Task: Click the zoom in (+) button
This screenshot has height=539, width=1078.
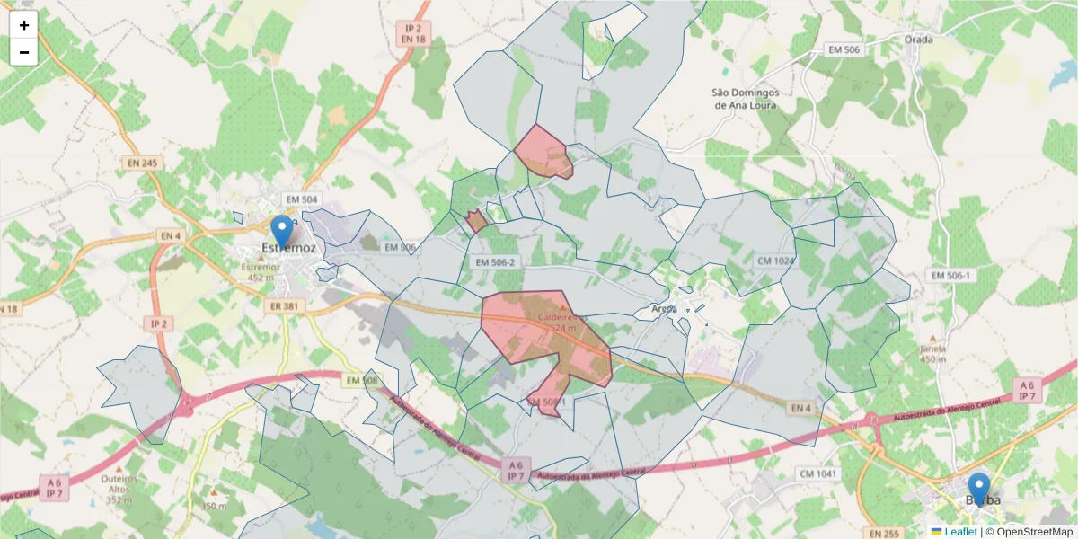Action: [24, 26]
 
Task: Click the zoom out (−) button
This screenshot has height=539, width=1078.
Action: [24, 52]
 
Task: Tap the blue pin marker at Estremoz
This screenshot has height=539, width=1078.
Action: [282, 231]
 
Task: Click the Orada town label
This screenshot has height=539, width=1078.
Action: [919, 39]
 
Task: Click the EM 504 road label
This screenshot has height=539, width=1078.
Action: [302, 199]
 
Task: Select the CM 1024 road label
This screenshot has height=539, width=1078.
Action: [776, 261]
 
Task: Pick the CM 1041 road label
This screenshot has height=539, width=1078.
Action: [817, 473]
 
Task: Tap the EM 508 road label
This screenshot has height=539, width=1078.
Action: [361, 381]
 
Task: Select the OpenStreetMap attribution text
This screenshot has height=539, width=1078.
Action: [1029, 532]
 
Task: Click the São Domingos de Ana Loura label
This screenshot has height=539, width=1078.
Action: [744, 98]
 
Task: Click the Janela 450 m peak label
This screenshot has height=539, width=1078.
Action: [933, 353]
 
